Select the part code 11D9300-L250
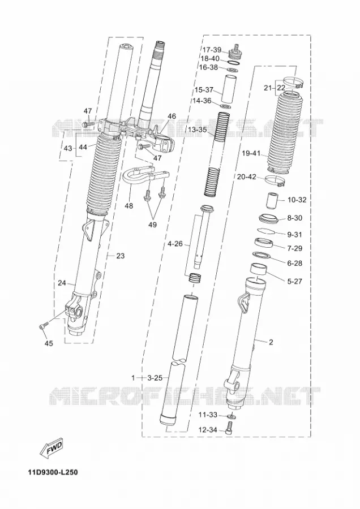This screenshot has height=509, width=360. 53,472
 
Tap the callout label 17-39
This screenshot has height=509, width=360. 212,50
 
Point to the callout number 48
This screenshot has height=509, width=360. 128,206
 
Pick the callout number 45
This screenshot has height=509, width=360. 49,343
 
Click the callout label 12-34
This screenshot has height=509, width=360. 207,430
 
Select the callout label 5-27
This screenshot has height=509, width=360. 294,281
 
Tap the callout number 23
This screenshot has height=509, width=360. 120,256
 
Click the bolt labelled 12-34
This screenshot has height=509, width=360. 230,427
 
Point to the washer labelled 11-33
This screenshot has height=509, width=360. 232,416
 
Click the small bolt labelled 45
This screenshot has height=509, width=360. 44,325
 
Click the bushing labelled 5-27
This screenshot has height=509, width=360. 259,269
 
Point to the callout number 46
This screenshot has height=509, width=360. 172,116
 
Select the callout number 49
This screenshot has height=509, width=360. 152,225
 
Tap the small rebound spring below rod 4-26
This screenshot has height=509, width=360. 195,278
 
